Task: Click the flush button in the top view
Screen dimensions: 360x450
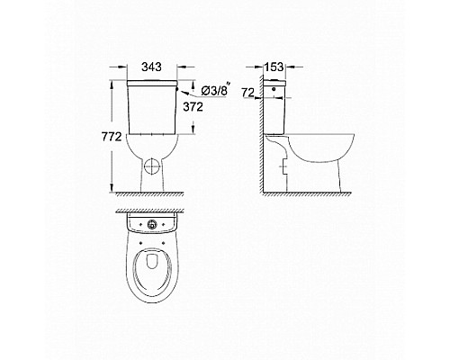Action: coord(153,224)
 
